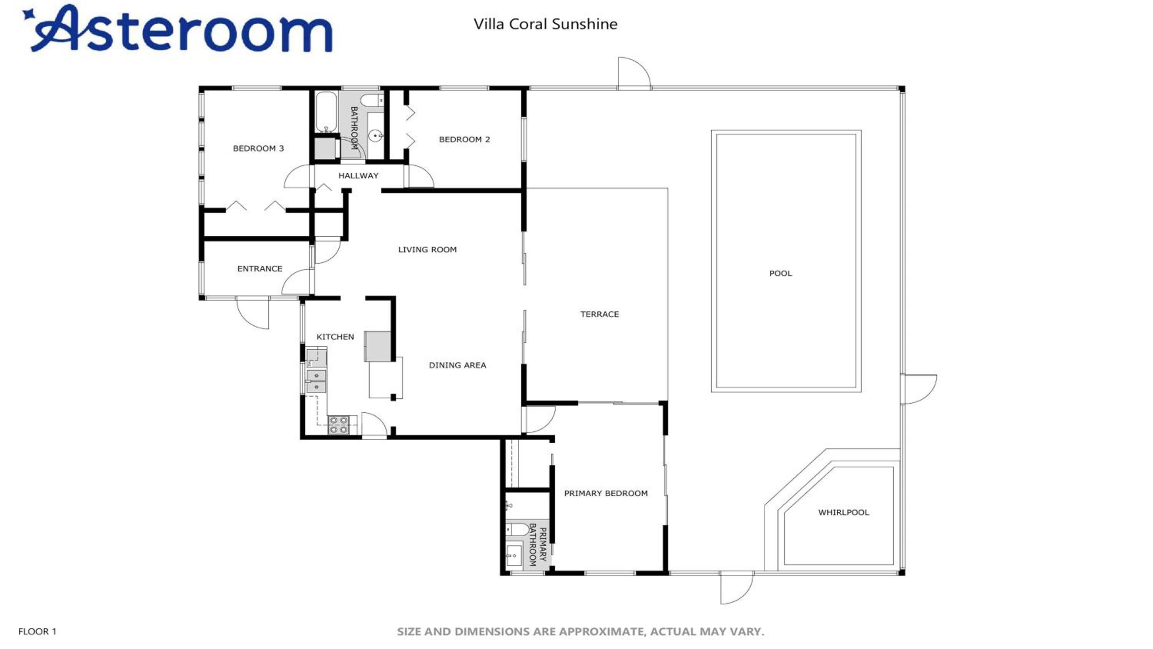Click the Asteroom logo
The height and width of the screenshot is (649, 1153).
(178, 28)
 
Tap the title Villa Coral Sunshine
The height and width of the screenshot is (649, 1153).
(546, 24)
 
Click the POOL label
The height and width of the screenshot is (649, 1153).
(781, 273)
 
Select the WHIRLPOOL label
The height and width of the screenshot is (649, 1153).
(844, 513)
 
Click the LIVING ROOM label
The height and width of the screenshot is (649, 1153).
(427, 250)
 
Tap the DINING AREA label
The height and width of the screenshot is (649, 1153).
(457, 365)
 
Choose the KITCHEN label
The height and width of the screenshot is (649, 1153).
(335, 337)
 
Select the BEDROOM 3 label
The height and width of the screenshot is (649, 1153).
(258, 148)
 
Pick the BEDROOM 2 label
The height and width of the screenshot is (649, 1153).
(465, 139)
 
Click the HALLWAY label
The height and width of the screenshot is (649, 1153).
(359, 176)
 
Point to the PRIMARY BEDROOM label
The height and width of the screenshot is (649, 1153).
(606, 493)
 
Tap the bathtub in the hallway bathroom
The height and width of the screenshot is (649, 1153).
(326, 112)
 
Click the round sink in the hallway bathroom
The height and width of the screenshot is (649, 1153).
(375, 134)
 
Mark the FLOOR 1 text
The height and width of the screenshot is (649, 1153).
(37, 632)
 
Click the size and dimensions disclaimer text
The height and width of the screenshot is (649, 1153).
(580, 632)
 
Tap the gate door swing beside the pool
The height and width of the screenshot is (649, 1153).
(919, 389)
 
